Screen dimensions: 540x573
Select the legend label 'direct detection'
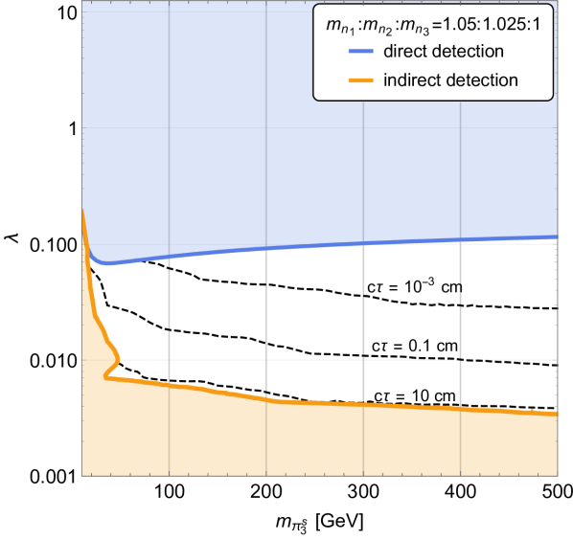[x=443, y=51]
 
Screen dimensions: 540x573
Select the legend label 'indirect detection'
[x=450, y=79]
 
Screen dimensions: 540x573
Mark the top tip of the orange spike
[x=82, y=210]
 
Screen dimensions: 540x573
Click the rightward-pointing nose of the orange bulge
[x=121, y=360]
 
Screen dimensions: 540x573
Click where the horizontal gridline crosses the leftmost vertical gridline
[x=169, y=360]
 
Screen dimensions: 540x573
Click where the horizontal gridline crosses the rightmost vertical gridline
[x=462, y=360]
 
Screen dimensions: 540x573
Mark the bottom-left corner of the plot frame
[x=81, y=475]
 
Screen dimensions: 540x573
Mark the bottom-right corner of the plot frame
[x=558, y=475]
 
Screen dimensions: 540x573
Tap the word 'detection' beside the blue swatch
[x=470, y=51]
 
